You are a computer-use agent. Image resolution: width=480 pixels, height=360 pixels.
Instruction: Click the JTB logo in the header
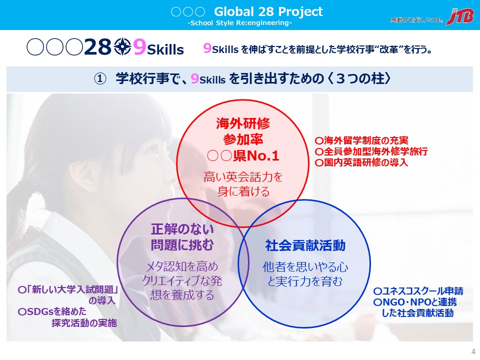460,16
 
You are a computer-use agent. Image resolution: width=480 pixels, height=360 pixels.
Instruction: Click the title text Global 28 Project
268,11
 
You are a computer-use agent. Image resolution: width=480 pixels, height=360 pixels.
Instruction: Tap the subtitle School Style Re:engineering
239,23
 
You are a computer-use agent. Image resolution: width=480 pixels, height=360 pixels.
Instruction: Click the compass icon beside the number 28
123,47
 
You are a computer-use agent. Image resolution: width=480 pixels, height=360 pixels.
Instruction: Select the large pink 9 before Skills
139,47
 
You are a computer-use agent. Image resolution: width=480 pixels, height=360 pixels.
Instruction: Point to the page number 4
473,351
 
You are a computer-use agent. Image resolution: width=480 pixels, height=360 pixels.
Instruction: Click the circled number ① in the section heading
100,79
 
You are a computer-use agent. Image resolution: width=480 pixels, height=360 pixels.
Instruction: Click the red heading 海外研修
243,123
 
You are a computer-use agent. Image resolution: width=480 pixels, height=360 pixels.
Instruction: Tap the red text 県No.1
256,156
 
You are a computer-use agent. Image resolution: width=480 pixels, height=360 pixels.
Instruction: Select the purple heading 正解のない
182,229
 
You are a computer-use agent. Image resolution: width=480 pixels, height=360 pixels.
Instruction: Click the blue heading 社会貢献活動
305,245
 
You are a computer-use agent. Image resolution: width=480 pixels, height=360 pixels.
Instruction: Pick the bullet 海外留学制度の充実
361,140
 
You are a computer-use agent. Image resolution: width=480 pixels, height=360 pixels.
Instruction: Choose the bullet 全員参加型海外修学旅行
371,151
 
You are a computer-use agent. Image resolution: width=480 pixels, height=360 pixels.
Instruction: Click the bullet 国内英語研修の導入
361,162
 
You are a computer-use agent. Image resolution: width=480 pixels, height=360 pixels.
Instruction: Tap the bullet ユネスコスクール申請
418,291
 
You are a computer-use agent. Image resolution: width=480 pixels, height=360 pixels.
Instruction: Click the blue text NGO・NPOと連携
415,302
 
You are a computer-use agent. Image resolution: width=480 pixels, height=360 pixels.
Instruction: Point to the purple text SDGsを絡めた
52,311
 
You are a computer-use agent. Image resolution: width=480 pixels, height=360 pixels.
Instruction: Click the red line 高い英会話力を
243,176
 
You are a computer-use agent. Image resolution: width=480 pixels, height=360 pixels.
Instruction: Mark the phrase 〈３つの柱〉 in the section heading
360,78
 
